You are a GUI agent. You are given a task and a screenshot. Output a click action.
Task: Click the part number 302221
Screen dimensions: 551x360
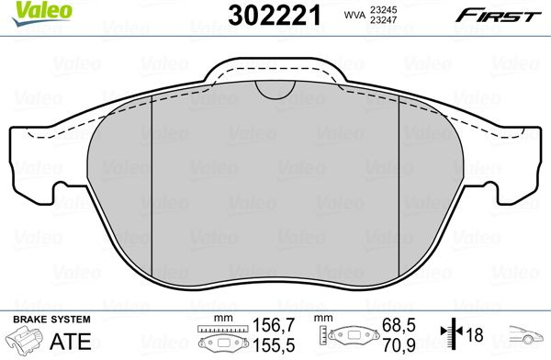tap(275, 16)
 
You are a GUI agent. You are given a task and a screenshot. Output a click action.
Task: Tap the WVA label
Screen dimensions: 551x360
tap(354, 15)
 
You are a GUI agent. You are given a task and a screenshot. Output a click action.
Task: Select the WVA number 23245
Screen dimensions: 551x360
tap(383, 9)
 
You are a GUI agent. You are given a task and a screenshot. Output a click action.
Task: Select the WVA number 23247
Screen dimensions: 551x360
tap(383, 20)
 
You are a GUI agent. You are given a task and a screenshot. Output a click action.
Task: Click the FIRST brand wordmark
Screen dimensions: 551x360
tap(499, 16)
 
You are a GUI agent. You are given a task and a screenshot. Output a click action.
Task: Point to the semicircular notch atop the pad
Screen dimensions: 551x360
tap(275, 89)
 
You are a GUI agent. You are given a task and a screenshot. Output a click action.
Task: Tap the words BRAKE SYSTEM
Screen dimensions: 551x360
tap(51, 320)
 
